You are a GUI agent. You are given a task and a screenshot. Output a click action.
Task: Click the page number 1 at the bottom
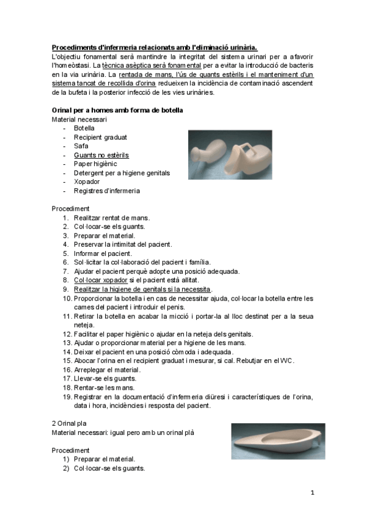[x=312, y=492]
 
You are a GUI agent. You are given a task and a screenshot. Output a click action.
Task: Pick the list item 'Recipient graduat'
[x=100, y=137]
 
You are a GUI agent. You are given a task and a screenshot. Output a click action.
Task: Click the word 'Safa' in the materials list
[x=81, y=146]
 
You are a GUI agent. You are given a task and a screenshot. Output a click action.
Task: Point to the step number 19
[x=67, y=397]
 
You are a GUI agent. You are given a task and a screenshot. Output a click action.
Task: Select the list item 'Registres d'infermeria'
[x=107, y=191]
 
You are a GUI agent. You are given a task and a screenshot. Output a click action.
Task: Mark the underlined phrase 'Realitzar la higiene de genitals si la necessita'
[x=142, y=289]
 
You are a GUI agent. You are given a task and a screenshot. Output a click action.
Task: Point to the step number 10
[x=67, y=298]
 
